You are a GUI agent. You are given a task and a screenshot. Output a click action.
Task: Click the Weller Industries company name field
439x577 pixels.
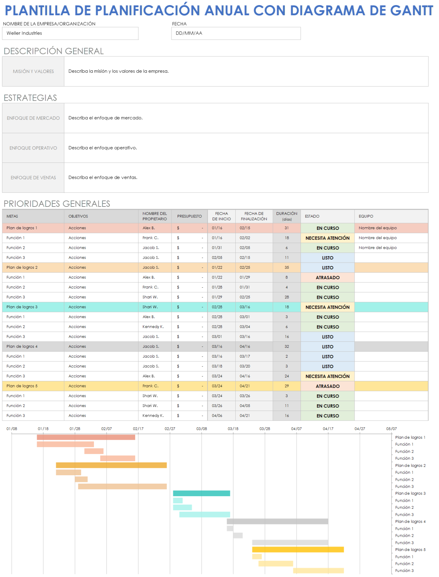pos(70,33)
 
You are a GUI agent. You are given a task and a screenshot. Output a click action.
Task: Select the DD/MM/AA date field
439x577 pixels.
pos(236,33)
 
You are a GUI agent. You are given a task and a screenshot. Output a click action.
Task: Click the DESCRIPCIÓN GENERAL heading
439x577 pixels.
pos(54,51)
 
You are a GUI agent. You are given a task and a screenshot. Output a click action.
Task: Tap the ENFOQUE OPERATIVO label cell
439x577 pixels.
pos(33,148)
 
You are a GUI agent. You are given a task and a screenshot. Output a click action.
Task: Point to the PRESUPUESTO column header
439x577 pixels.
pos(189,216)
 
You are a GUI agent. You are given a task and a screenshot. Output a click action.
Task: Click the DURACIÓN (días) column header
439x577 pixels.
pos(287,216)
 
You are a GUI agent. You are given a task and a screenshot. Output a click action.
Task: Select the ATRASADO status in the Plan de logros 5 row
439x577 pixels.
pos(327,386)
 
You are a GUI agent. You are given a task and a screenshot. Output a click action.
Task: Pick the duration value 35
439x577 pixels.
pos(287,267)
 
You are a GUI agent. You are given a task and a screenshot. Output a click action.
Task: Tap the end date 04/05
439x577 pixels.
pos(245,406)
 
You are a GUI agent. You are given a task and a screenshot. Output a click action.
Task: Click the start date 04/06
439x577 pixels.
pos(217,415)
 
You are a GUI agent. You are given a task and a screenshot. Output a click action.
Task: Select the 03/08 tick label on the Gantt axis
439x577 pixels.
pos(202,429)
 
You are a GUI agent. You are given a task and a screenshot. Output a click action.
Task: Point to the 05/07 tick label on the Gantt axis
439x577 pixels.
pos(391,429)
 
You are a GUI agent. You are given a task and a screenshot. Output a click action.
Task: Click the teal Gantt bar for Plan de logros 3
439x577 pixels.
pos(201,494)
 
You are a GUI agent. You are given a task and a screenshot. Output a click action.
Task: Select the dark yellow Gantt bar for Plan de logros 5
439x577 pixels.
pos(298,550)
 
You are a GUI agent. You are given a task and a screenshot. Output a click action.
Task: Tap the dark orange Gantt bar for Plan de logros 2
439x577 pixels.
pos(111,465)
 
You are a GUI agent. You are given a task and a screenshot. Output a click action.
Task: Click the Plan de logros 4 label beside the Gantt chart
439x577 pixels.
pos(410,522)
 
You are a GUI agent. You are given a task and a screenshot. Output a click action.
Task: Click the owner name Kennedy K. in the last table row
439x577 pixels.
pos(153,415)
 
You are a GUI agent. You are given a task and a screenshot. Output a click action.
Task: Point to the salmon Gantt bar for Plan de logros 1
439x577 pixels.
pos(86,437)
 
